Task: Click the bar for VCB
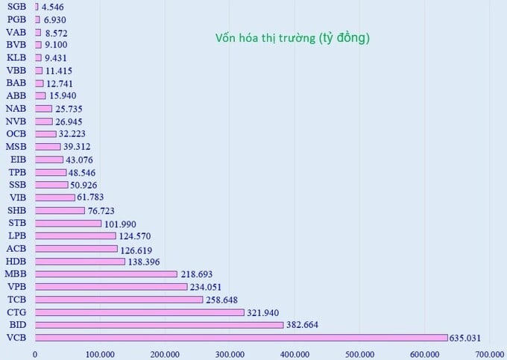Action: pyautogui.click(x=241, y=338)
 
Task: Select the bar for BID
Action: pyautogui.click(x=159, y=325)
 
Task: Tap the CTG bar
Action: pyautogui.click(x=139, y=312)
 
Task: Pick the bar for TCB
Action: pyautogui.click(x=119, y=300)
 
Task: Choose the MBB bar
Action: pyautogui.click(x=106, y=274)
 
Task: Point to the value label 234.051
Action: pyautogui.click(x=206, y=287)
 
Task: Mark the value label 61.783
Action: pyautogui.click(x=94, y=198)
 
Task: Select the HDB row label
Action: pyautogui.click(x=16, y=262)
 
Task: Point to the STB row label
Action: pyautogui.click(x=16, y=223)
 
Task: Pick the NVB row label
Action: pyautogui.click(x=16, y=121)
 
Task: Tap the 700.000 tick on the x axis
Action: pyautogui.click(x=489, y=354)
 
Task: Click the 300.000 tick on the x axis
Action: pyautogui.click(x=230, y=354)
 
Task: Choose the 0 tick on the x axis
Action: pyautogui.click(x=35, y=354)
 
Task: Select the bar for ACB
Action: pyautogui.click(x=76, y=249)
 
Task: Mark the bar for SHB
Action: pyautogui.click(x=60, y=210)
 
